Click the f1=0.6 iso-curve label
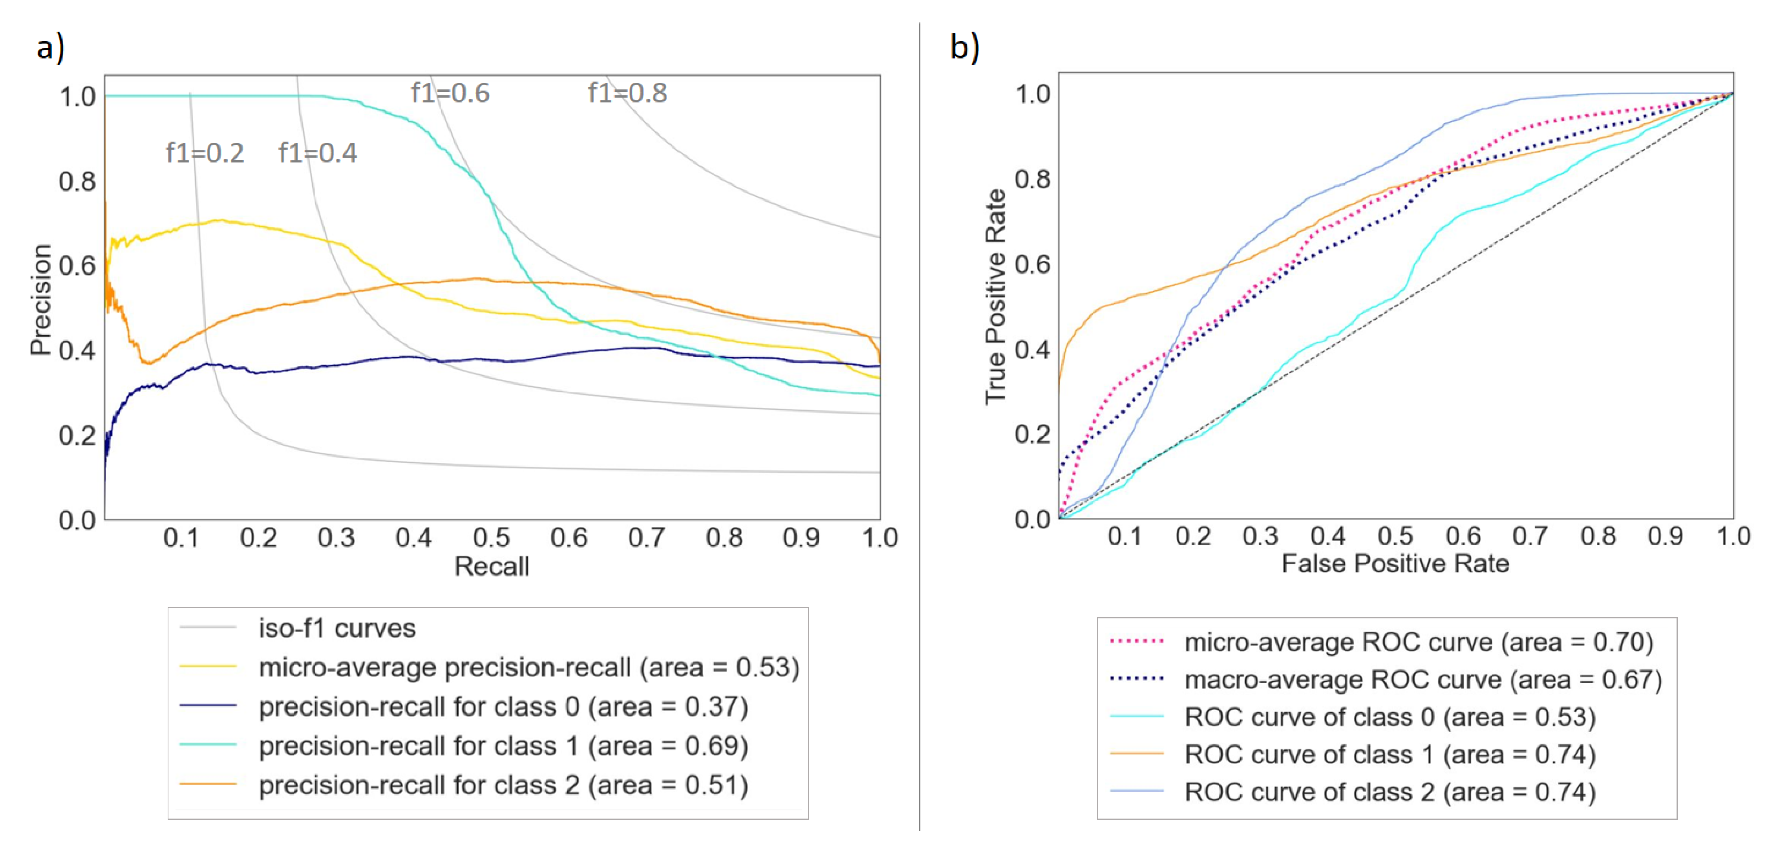click(x=450, y=93)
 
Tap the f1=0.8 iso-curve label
click(x=628, y=93)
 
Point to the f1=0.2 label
click(x=205, y=153)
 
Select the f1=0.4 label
click(x=317, y=153)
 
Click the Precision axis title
click(x=41, y=300)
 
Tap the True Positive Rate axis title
click(x=995, y=297)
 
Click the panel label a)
click(x=50, y=48)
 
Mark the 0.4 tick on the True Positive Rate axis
click(x=1032, y=349)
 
